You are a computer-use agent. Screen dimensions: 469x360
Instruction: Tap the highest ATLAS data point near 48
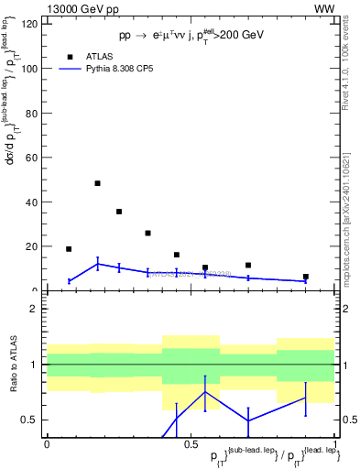(97, 183)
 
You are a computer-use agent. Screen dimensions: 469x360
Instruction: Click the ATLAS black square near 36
(119, 212)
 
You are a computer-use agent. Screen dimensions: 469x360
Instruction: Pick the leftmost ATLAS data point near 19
(69, 249)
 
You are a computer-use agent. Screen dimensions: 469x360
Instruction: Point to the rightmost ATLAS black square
(306, 277)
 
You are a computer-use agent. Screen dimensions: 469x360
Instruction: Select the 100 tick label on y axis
(30, 69)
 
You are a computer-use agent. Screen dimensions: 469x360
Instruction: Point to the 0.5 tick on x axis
(189, 444)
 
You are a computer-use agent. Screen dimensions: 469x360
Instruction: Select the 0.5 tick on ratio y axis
(32, 420)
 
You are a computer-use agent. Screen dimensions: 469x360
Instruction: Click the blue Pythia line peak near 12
(97, 264)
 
